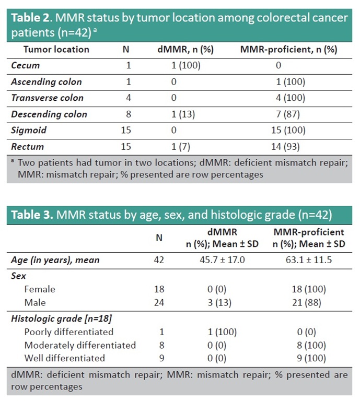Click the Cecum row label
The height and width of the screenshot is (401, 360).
click(x=26, y=66)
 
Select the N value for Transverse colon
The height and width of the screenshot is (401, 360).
click(x=128, y=98)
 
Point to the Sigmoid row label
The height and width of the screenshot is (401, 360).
click(x=29, y=131)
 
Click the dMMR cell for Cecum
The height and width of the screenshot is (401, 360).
click(x=186, y=66)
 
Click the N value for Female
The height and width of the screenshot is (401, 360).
click(x=159, y=289)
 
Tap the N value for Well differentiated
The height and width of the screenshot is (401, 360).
click(x=159, y=358)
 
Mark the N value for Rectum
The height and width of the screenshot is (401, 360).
click(x=128, y=147)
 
